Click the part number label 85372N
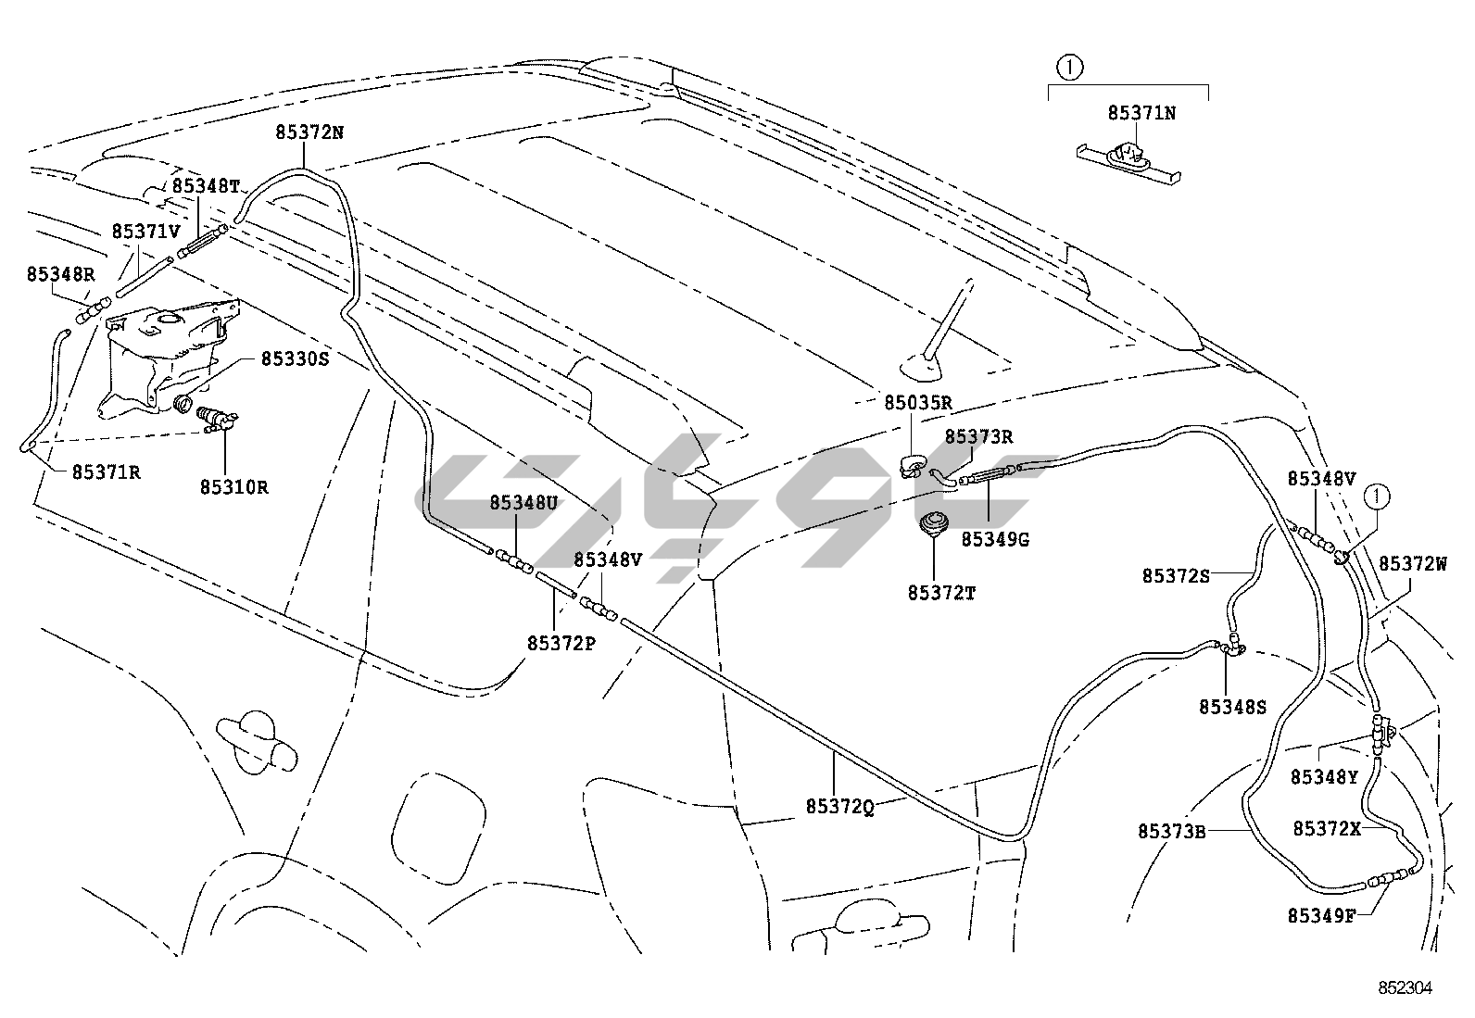[309, 132]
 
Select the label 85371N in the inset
[1142, 113]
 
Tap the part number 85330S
[295, 358]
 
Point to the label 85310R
[233, 486]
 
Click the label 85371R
[107, 471]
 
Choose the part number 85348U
[523, 503]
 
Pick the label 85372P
[561, 643]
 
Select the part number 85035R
[917, 403]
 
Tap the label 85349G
[995, 539]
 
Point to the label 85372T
[941, 592]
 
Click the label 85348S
[1232, 707]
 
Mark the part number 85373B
[1172, 831]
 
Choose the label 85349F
[1321, 916]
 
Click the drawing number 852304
[1404, 988]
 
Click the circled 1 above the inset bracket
[1070, 67]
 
